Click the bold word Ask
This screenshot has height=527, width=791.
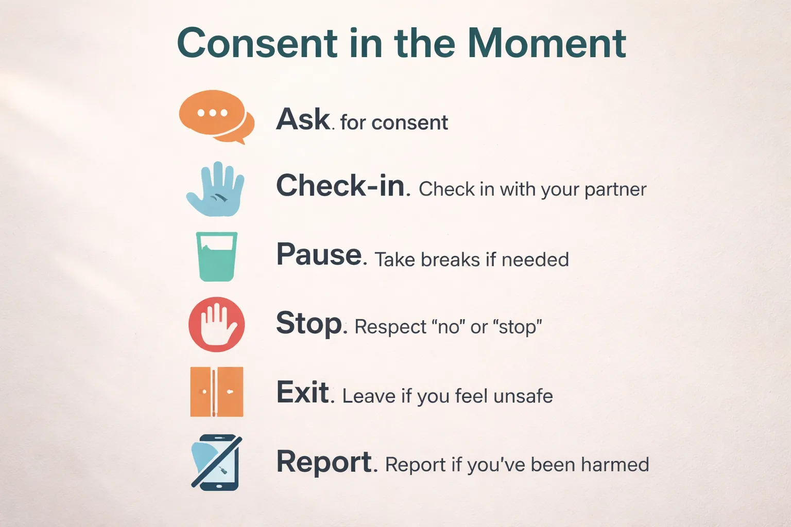click(x=303, y=119)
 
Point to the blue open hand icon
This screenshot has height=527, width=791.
click(x=215, y=189)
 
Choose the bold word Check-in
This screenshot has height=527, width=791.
click(x=340, y=186)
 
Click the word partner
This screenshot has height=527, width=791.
click(x=615, y=190)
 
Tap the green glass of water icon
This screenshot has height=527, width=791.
click(x=217, y=256)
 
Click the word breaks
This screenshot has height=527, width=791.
click(x=450, y=260)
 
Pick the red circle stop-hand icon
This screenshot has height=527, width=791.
click(x=216, y=324)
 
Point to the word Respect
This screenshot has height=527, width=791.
click(x=391, y=327)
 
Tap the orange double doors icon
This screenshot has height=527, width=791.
click(x=216, y=392)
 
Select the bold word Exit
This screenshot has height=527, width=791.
click(x=303, y=393)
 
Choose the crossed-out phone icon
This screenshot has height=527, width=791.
click(x=216, y=462)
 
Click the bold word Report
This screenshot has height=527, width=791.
click(x=324, y=462)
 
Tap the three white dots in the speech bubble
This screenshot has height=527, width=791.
click(x=212, y=113)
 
